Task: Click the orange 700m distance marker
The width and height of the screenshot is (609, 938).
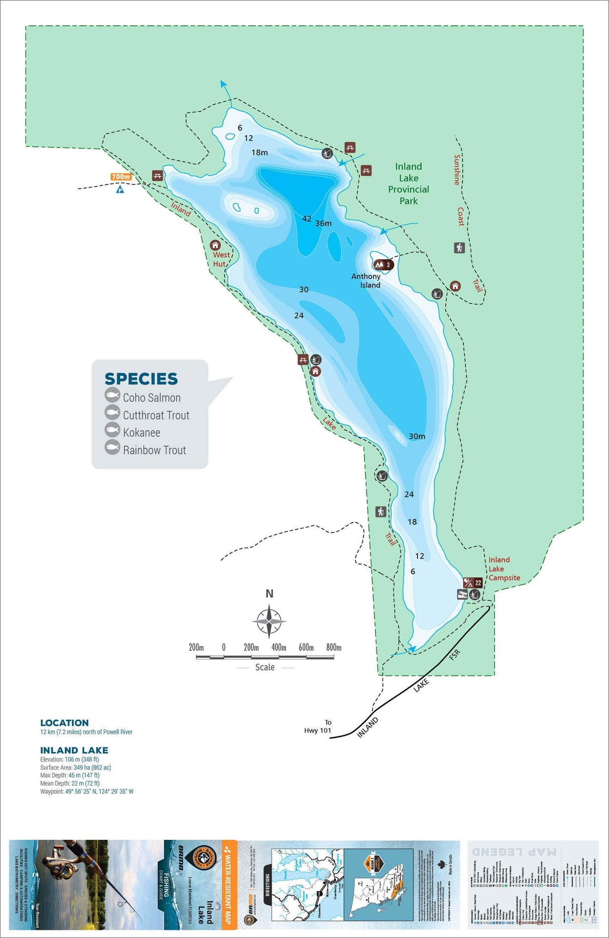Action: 121,177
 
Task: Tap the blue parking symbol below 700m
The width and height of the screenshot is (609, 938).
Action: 120,190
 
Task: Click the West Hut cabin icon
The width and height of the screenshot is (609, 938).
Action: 215,245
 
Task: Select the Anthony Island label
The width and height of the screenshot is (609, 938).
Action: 366,281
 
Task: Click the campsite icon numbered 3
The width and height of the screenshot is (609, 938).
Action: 383,265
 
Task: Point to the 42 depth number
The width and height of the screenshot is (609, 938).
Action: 307,219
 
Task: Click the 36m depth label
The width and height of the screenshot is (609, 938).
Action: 324,224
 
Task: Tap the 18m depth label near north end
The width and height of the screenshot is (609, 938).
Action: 259,152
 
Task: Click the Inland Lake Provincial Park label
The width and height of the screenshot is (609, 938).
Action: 408,183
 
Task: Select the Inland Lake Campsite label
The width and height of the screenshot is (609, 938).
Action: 504,569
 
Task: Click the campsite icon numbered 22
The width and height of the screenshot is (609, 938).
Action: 473,583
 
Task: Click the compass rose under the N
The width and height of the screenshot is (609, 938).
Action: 269,621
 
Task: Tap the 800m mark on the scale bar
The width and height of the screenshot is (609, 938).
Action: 334,647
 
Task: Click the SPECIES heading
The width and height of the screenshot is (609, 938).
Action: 141,379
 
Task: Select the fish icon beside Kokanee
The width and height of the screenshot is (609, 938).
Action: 112,430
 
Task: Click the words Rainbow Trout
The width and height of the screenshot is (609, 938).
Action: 155,450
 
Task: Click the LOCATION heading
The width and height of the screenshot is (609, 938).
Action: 65,723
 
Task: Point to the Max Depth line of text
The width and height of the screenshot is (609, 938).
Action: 70,775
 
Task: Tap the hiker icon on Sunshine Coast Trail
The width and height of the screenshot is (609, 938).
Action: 460,248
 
